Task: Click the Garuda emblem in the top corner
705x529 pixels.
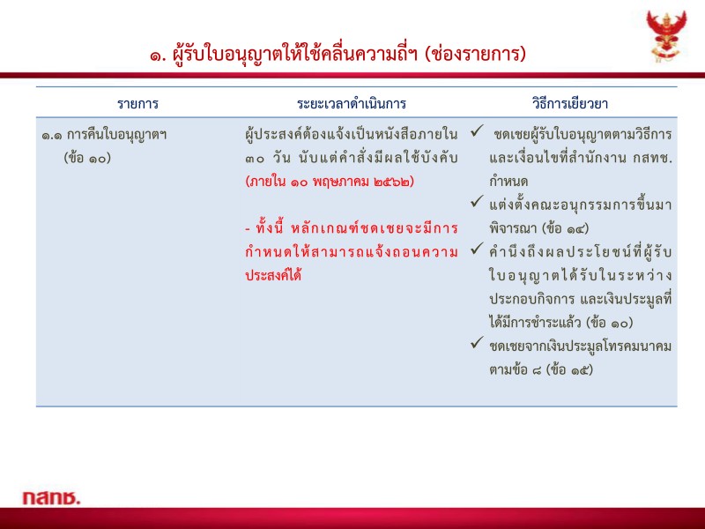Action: click(666, 35)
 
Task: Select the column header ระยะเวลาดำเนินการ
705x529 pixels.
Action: click(352, 103)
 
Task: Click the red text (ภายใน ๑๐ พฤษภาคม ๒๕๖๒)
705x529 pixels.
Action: click(330, 182)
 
